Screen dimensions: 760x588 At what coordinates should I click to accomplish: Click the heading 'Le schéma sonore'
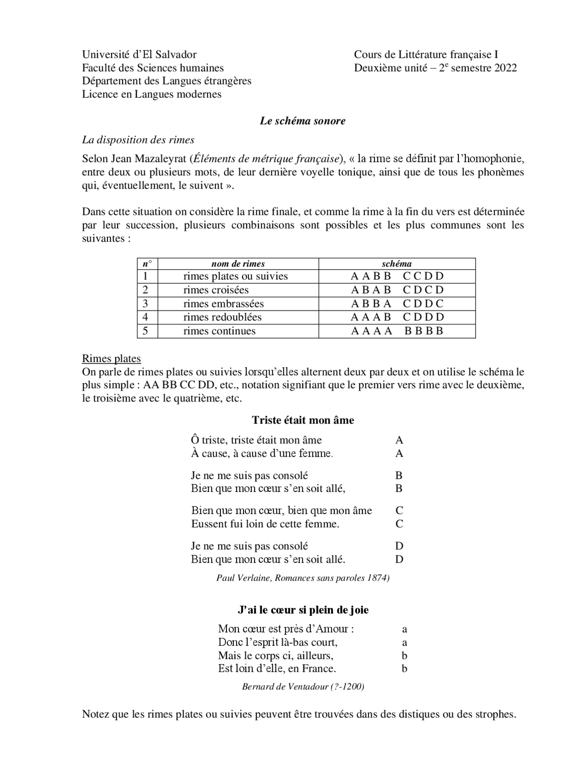[x=302, y=121]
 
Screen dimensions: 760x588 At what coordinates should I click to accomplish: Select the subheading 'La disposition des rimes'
[x=138, y=140]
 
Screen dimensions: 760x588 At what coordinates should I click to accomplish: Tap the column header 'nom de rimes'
[x=238, y=264]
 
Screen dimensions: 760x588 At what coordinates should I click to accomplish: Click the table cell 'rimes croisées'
[x=216, y=290]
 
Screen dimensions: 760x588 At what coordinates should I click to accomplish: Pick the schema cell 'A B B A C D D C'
[x=397, y=304]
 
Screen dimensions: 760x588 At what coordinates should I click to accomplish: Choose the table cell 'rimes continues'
[x=219, y=331]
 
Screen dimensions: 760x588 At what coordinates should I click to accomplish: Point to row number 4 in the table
[x=146, y=317]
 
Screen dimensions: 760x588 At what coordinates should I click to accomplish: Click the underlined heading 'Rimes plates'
[x=111, y=358]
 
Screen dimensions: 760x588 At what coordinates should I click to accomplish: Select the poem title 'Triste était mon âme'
[x=303, y=420]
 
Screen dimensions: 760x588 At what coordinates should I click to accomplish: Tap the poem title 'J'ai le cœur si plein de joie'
[x=303, y=610]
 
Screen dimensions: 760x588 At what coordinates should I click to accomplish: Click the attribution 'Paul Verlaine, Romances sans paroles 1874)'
[x=303, y=578]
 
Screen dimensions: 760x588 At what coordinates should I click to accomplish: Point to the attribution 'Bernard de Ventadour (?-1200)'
[x=303, y=687]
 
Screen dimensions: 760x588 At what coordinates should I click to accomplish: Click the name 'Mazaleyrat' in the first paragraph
[x=160, y=159]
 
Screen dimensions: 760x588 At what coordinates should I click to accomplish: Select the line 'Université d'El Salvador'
[x=139, y=55]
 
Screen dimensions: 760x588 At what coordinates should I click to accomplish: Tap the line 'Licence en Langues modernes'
[x=152, y=95]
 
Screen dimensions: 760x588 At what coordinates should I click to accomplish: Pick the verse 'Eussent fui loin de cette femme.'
[x=265, y=524]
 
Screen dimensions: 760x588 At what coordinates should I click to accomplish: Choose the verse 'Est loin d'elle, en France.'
[x=277, y=668]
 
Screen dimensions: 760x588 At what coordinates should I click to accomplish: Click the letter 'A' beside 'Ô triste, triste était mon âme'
[x=399, y=440]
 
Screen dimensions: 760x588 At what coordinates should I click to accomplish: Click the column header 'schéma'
[x=396, y=264]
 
